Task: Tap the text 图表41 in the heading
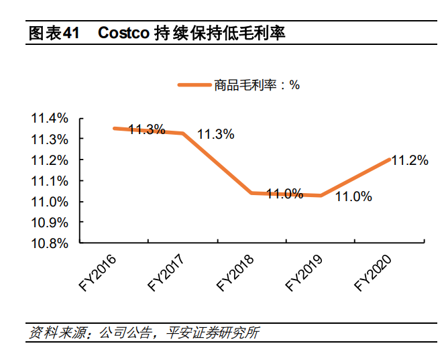[54, 33]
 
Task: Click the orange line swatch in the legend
[193, 85]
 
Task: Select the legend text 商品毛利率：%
[257, 85]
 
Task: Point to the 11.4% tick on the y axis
[50, 119]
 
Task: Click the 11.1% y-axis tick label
[50, 181]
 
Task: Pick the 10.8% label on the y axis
[50, 243]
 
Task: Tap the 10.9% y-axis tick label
[50, 223]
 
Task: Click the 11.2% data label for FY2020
[409, 160]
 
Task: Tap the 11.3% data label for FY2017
[215, 134]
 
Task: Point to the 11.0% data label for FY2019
[353, 196]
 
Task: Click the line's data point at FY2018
[252, 193]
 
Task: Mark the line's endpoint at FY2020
[390, 159]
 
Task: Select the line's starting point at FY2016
[114, 128]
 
